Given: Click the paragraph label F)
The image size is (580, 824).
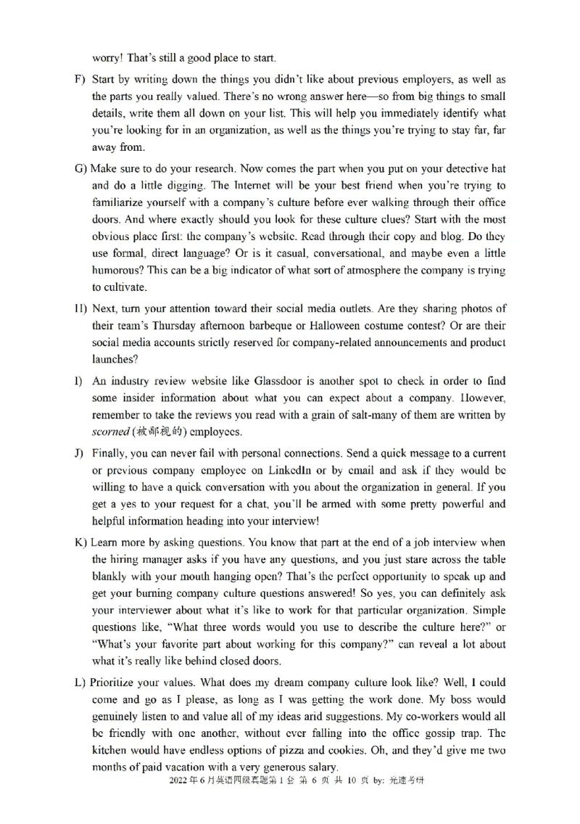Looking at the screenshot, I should point(80,78).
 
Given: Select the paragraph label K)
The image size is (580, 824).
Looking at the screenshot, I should point(80,543).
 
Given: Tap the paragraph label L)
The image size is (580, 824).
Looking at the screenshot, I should point(80,683).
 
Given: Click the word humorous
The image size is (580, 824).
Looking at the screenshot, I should point(117,270).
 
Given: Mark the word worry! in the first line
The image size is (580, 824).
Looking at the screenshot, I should point(109,57).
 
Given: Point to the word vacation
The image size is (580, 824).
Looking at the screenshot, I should point(189,767).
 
